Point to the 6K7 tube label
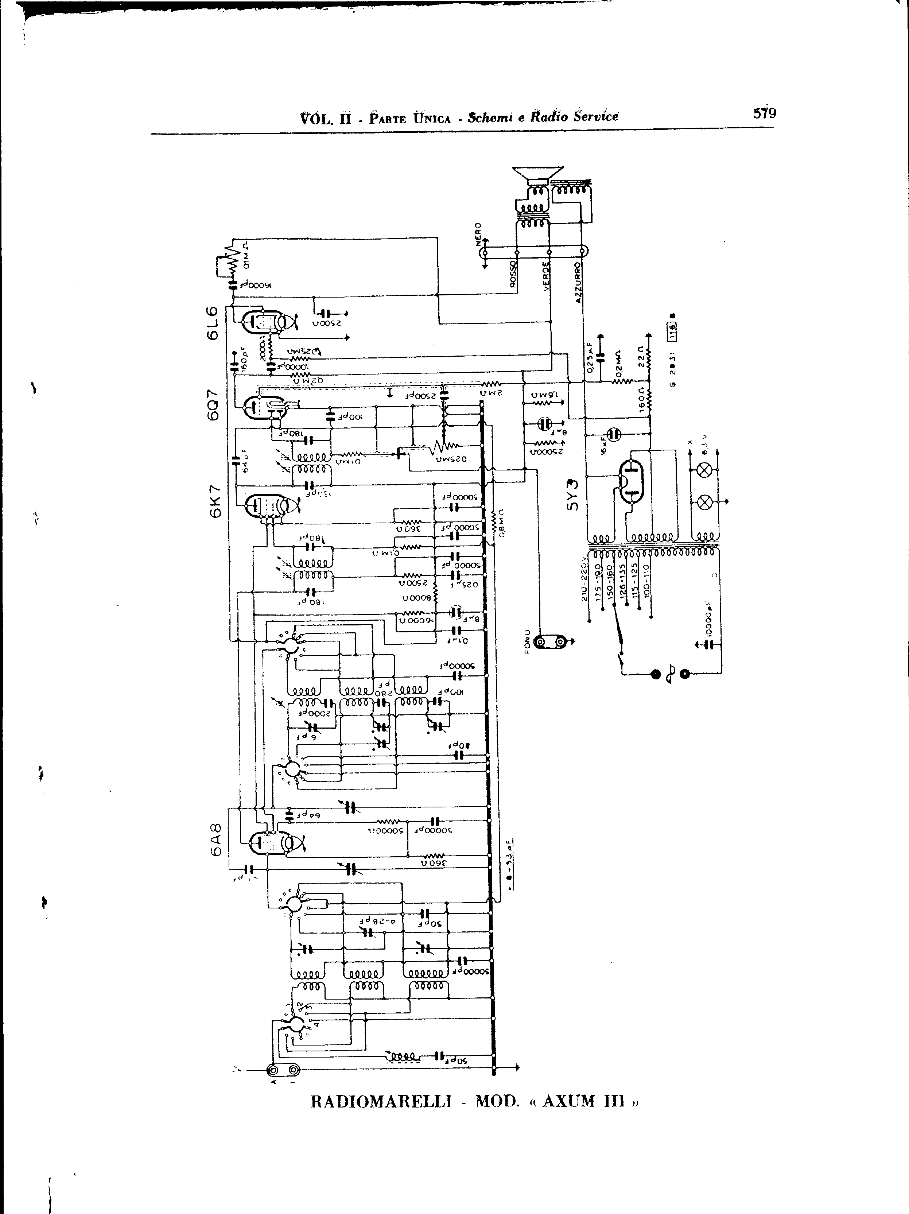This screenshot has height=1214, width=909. (214, 501)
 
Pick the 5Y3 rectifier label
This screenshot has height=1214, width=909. (573, 495)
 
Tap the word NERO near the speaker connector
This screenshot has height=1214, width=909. (478, 233)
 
